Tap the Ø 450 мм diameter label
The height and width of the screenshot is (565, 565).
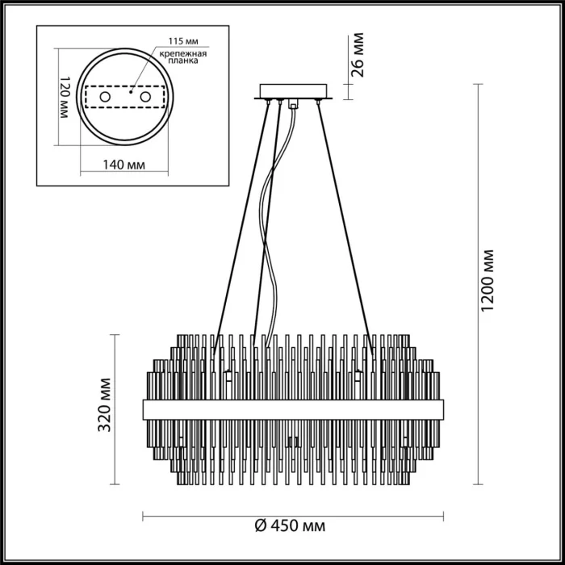[x=290, y=526]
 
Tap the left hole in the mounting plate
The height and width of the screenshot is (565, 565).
[x=105, y=97]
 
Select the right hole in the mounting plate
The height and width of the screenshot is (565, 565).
[x=146, y=97]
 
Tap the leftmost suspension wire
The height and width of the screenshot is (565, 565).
[x=240, y=218]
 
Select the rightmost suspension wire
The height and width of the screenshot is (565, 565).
[x=347, y=218]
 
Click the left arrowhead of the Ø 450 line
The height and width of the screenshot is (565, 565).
[x=146, y=513]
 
